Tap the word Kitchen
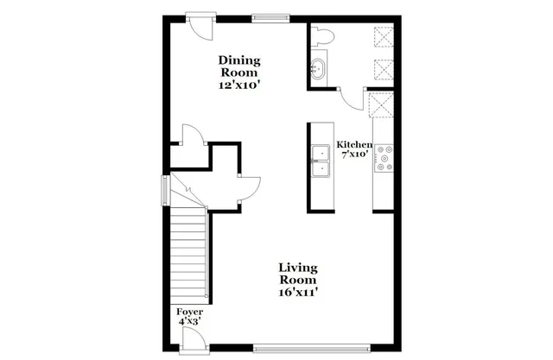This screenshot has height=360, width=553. (x=354, y=145)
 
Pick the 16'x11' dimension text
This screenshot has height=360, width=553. (x=298, y=292)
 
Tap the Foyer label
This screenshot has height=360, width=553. (x=189, y=311)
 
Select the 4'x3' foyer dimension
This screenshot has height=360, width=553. (x=189, y=322)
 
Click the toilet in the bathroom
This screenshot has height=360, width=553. (x=325, y=35)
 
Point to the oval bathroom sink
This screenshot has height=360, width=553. (x=317, y=69)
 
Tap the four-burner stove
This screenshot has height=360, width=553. (x=384, y=156)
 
